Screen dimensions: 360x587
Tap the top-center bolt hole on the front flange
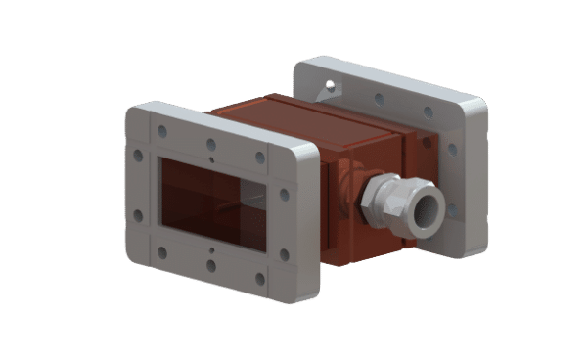210,142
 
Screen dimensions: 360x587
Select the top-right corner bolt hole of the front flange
260,157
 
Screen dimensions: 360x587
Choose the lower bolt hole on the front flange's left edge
139,216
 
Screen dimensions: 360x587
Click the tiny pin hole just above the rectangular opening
210,157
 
